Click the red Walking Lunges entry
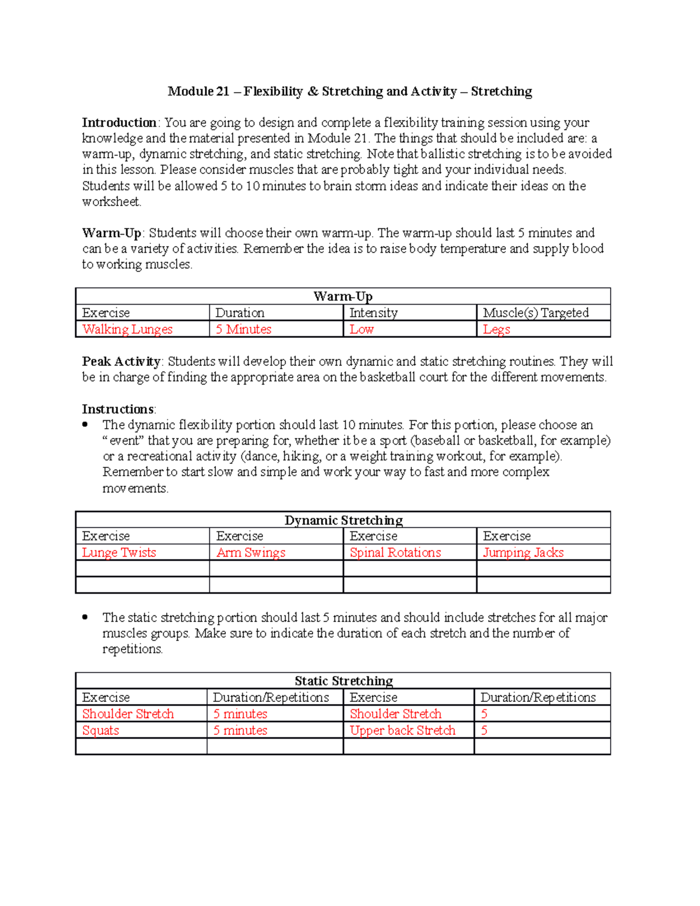click(127, 329)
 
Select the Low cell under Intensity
click(362, 329)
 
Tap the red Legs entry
click(496, 329)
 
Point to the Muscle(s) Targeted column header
click(535, 313)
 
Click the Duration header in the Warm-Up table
click(240, 313)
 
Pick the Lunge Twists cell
click(119, 552)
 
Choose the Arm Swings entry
click(251, 552)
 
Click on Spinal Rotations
click(395, 552)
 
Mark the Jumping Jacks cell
click(523, 552)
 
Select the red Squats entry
click(100, 730)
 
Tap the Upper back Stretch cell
click(402, 730)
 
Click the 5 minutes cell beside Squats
click(240, 730)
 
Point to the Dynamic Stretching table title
click(344, 520)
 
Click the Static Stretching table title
click(344, 681)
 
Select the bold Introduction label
click(119, 123)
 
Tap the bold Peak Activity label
click(121, 361)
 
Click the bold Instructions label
click(118, 409)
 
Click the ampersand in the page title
click(313, 92)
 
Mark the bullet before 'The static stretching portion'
click(85, 617)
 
